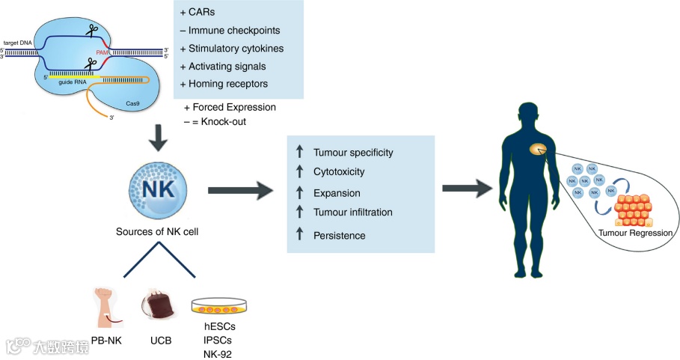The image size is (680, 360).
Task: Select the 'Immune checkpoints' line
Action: tap(224, 31)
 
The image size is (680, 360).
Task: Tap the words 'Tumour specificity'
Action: tap(353, 153)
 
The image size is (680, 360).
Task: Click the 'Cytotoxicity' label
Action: tap(339, 171)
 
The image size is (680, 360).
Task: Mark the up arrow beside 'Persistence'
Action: tap(299, 234)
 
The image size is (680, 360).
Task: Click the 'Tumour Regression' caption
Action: tap(636, 234)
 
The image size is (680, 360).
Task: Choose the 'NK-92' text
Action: tap(218, 353)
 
